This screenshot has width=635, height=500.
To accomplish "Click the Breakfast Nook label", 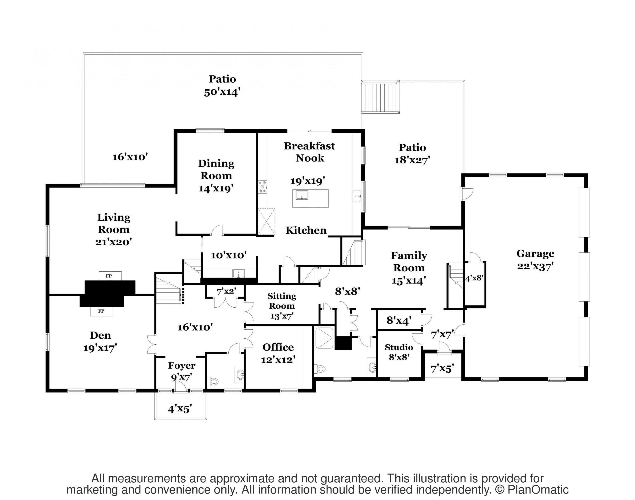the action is [309, 152].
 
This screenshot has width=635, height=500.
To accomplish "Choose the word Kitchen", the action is [306, 230].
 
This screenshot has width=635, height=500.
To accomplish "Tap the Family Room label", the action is [409, 261].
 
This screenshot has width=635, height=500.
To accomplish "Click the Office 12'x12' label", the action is [278, 353].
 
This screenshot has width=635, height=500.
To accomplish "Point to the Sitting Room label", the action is [282, 301].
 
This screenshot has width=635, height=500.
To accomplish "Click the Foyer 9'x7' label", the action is [182, 371].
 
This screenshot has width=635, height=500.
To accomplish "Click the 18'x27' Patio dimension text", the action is [412, 160].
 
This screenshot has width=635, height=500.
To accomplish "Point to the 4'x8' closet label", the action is [474, 278].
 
